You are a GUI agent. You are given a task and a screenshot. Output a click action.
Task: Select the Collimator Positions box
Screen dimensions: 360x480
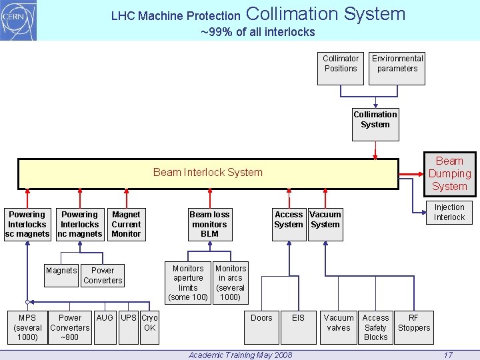(341, 67)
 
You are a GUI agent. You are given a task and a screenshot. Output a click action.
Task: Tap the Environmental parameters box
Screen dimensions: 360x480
(397, 67)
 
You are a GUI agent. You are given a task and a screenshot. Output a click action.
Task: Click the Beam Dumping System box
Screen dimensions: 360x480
(449, 174)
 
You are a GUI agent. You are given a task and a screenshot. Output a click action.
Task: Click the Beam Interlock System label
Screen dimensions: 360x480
(208, 173)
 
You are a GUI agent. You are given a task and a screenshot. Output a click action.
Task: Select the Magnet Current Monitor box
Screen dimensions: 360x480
(126, 224)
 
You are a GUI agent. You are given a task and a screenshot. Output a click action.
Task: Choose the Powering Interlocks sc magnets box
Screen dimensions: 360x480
(27, 224)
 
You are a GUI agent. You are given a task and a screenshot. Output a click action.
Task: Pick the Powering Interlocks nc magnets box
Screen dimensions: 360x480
(79, 224)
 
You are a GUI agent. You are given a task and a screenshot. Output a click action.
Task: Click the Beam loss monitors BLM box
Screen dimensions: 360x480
(209, 224)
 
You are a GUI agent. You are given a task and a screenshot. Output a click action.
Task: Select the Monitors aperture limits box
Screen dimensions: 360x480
(188, 283)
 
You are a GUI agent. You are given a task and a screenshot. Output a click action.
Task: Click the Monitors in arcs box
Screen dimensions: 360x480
(230, 283)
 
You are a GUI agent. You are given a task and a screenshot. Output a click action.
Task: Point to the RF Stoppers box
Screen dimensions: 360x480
(413, 327)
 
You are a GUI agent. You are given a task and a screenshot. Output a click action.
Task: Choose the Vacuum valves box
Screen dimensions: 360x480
(339, 327)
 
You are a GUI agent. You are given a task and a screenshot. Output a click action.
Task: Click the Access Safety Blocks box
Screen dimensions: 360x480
(375, 327)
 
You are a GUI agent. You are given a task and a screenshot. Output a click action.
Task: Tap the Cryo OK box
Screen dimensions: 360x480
(149, 327)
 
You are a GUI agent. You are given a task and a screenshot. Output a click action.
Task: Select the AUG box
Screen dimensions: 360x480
(105, 327)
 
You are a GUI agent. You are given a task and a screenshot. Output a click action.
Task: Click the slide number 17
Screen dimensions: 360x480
(448, 355)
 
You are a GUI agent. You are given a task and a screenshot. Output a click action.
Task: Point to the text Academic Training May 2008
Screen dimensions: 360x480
(240, 355)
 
